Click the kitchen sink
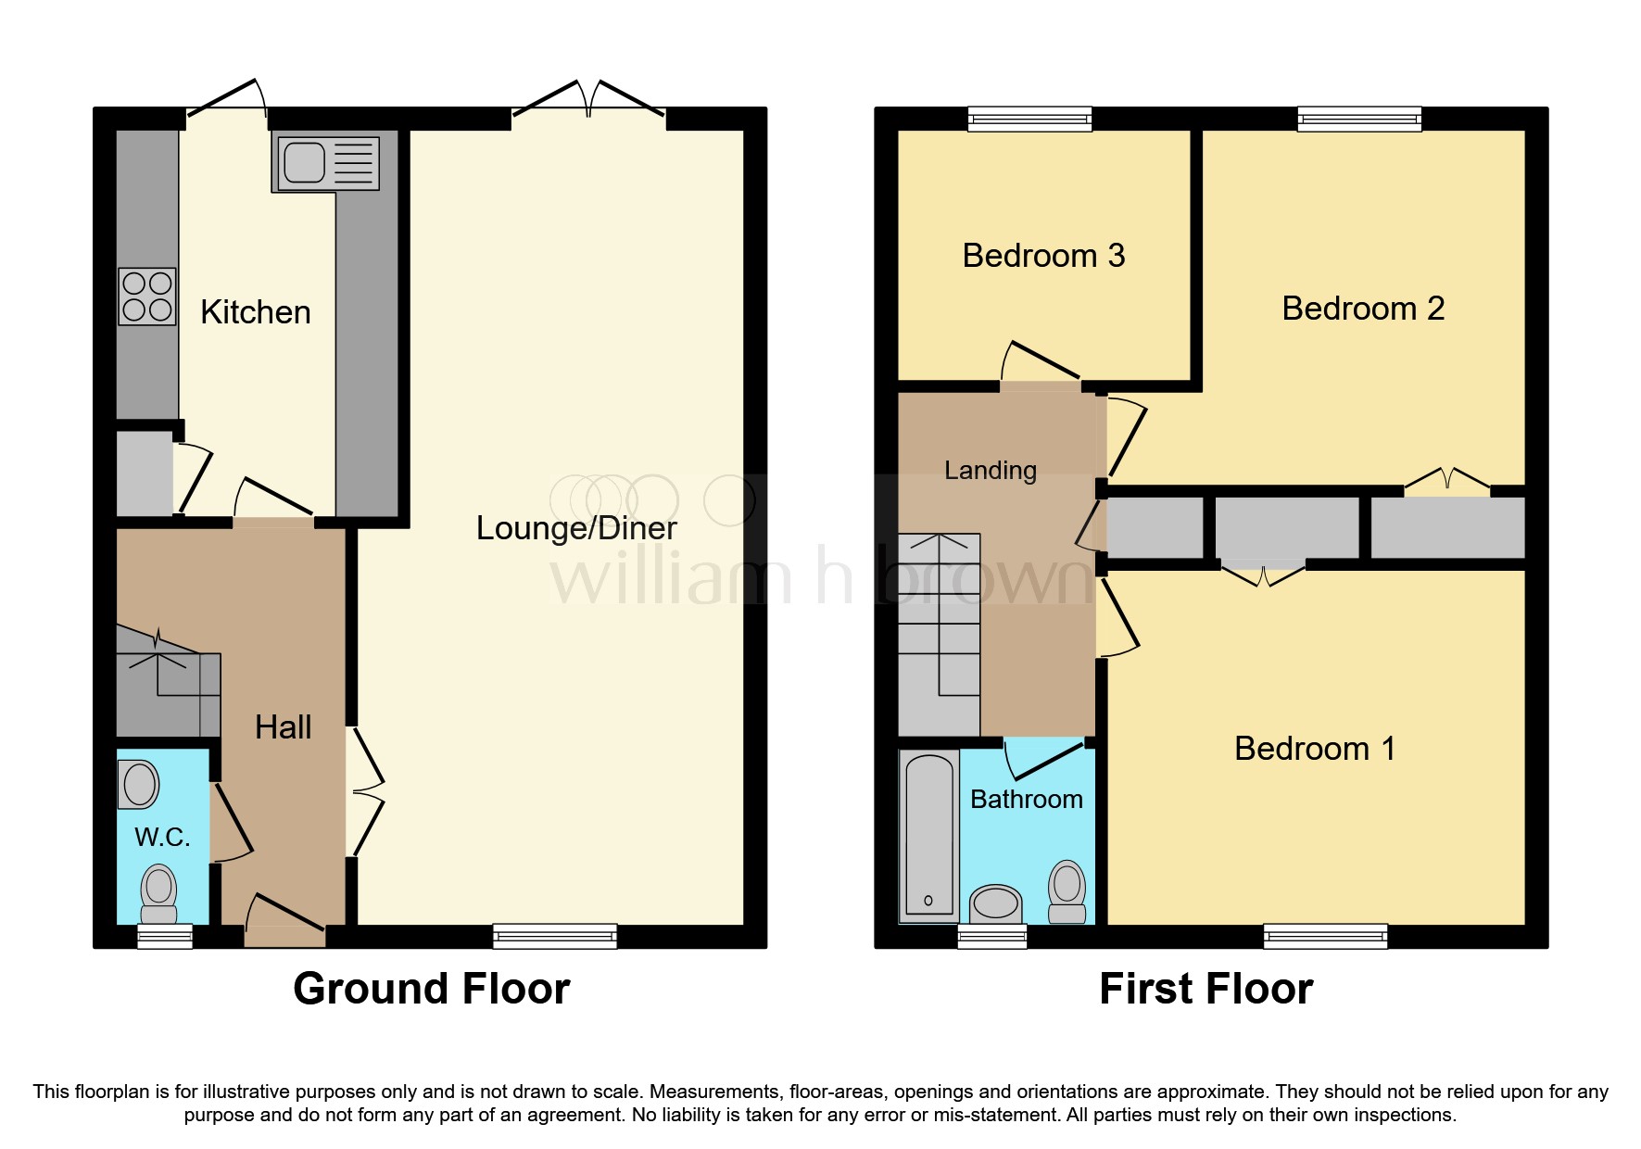pos(326,164)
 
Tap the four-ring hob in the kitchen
pos(147,297)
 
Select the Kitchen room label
pos(255,312)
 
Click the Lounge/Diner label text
pos(575,528)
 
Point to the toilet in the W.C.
pos(159,891)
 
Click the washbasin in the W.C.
pos(140,784)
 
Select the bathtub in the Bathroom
pos(929,837)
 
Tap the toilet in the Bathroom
pos(1067,890)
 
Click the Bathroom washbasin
pos(995,903)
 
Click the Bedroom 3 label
pos(1043,256)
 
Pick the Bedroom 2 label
pos(1362,309)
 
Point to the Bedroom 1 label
pos(1314,749)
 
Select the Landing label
pos(990,471)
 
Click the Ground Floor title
pos(431,989)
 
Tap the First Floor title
pos(1206,989)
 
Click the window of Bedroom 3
pos(1029,119)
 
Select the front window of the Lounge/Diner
pos(554,936)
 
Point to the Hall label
pos(283,727)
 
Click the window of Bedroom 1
pos(1325,936)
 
